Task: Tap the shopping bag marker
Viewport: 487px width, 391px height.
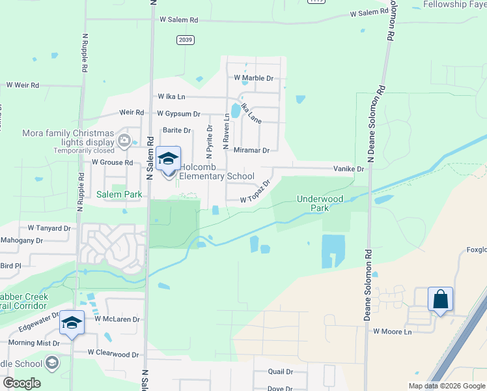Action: (x=440, y=300)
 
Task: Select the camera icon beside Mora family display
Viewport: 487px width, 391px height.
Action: (x=124, y=139)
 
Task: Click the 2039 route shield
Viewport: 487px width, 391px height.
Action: (x=186, y=40)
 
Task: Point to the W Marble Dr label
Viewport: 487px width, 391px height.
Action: (x=254, y=78)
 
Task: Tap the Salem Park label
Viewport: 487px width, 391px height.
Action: (x=119, y=194)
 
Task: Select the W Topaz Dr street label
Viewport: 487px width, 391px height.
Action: (x=256, y=194)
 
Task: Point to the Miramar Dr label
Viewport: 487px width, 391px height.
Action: (x=251, y=150)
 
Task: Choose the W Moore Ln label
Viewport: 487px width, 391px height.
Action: (x=393, y=332)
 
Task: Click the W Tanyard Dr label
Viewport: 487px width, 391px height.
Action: (x=49, y=228)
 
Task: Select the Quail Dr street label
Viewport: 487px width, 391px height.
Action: (x=281, y=371)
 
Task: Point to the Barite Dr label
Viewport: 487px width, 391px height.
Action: (x=176, y=130)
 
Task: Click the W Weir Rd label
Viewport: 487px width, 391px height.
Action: (x=23, y=85)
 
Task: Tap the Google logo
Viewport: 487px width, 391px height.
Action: (x=21, y=383)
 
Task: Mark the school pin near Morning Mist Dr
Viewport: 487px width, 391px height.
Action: (x=72, y=324)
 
